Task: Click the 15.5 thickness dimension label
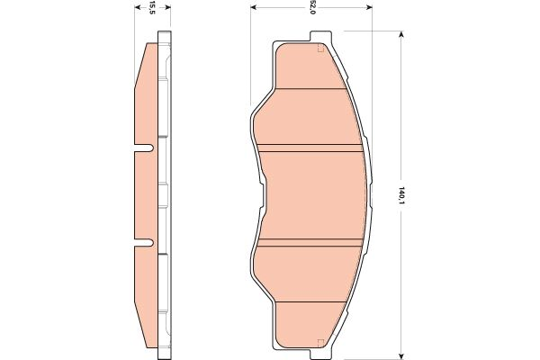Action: tap(153, 8)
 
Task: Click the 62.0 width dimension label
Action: tap(312, 8)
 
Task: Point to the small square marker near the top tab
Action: tap(320, 49)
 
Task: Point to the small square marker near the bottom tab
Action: tap(320, 339)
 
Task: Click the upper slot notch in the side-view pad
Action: tap(144, 148)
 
